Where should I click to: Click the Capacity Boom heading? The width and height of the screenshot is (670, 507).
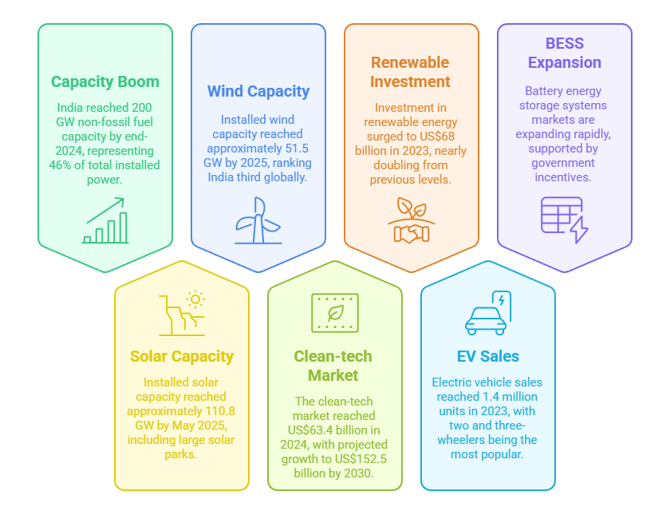click(x=104, y=81)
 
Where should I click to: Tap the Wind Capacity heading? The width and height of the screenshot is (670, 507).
click(x=258, y=91)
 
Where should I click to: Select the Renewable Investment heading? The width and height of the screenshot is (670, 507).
click(x=411, y=72)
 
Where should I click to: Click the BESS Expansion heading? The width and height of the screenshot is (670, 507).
click(x=564, y=53)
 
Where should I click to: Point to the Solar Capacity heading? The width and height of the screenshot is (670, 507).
click(x=182, y=356)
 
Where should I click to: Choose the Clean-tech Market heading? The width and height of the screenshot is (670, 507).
click(x=333, y=366)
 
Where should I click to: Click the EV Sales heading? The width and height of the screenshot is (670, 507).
click(x=487, y=356)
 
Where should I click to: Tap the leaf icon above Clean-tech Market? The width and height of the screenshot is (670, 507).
click(x=335, y=312)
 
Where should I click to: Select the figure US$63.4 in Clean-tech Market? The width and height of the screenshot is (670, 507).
click(x=308, y=430)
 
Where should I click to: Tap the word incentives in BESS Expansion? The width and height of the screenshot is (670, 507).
click(x=565, y=177)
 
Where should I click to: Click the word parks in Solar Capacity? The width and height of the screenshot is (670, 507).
click(x=181, y=454)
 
